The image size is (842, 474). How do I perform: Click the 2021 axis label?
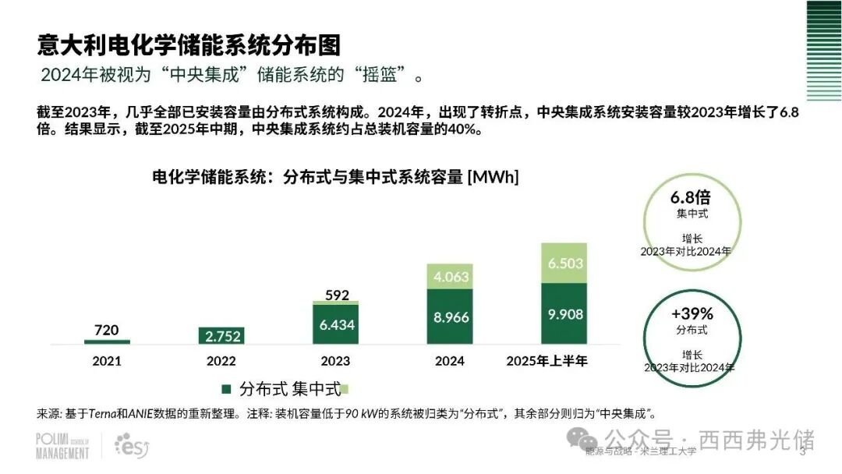pos(107,361)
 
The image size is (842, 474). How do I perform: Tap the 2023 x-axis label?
pos(335,361)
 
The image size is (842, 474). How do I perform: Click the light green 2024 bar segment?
pos(450,277)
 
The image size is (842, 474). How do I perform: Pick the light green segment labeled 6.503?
pos(564,264)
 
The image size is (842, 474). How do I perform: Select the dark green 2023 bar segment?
pos(335,324)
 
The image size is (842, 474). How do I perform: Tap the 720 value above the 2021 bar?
pos(107,330)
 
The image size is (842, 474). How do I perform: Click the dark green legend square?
pos(227,388)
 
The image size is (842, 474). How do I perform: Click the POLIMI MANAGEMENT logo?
pos(62,446)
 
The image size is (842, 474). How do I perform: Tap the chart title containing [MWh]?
pos(335,177)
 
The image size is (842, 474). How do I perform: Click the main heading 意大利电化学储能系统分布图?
pos(189,45)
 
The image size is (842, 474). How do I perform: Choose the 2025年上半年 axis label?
pos(547,361)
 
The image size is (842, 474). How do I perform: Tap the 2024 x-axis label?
pos(450,361)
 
